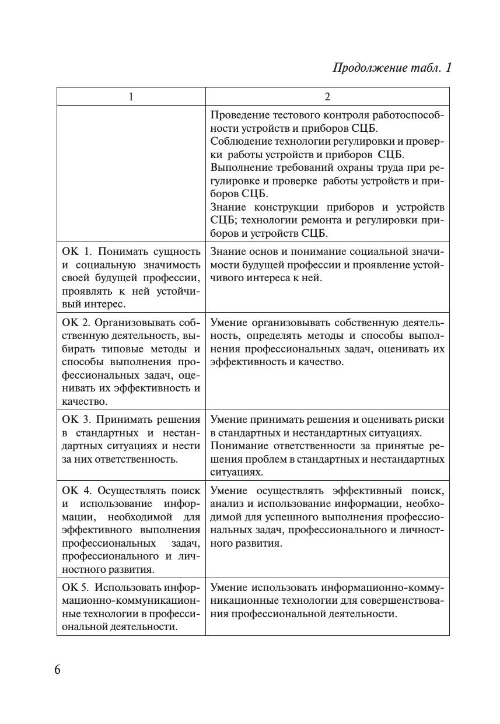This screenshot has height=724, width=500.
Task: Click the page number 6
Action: (57, 670)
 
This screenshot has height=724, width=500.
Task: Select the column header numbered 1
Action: (131, 97)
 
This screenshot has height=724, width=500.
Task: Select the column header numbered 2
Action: (327, 97)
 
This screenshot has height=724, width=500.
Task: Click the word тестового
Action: (289, 115)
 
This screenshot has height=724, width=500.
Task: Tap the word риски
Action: (432, 420)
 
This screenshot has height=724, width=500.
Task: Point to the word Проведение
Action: (237, 115)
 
